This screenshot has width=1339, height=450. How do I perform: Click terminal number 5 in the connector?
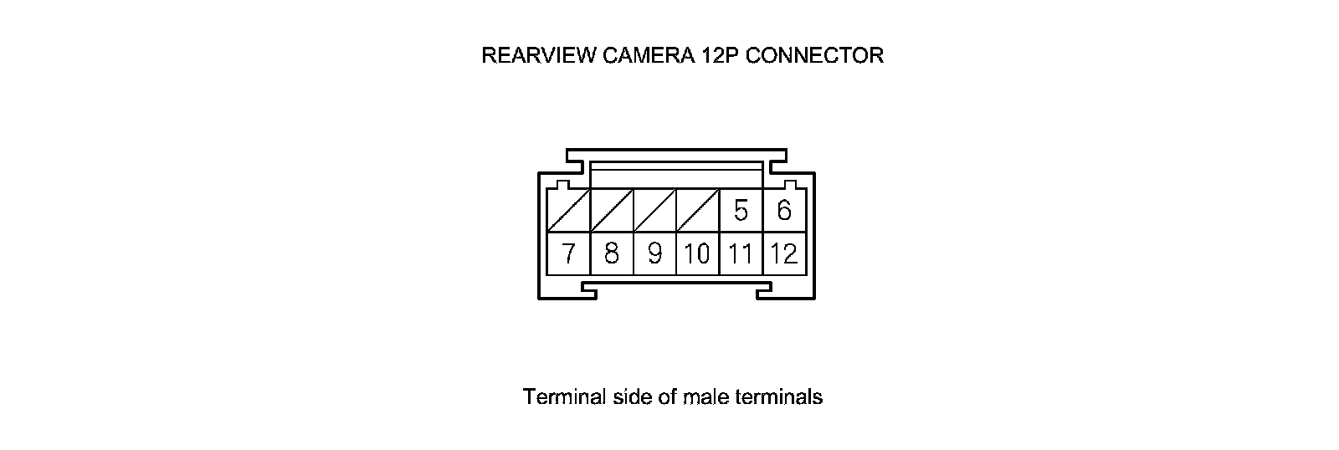point(741,210)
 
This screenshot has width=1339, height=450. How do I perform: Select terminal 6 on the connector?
point(784,210)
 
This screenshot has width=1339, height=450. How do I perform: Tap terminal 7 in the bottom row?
point(568,253)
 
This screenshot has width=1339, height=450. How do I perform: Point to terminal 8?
point(612,253)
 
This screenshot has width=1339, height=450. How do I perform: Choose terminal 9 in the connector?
point(654,253)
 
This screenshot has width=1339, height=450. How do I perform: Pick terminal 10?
point(697,253)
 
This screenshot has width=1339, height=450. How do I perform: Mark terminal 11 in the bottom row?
point(741,253)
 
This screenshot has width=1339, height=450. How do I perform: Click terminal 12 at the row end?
point(784,253)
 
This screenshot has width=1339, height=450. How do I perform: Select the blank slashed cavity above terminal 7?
point(568,211)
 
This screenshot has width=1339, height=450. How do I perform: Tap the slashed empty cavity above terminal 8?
point(612,211)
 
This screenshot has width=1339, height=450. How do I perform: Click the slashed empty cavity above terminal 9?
point(654,211)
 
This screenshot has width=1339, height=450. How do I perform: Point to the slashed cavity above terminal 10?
point(697,211)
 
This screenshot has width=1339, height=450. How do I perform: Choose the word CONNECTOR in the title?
point(814,56)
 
